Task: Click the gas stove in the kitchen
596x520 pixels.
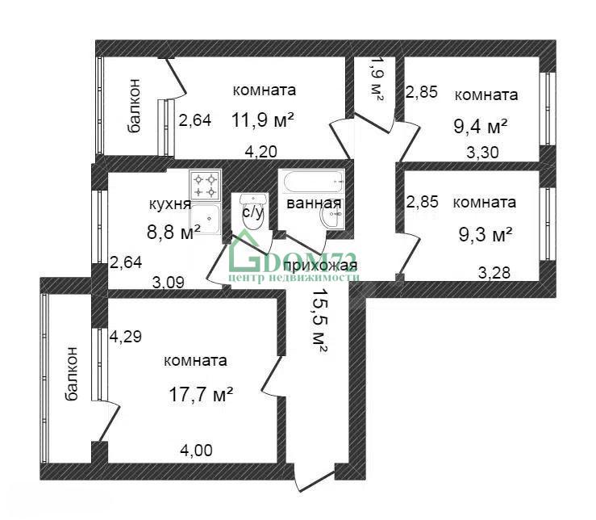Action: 206,185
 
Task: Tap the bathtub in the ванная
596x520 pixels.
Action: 311,182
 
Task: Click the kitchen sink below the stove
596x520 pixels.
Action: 206,218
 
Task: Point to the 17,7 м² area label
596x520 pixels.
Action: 200,394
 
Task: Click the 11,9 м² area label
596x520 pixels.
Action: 263,120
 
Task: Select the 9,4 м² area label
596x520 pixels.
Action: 481,126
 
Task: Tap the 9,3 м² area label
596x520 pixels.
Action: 486,234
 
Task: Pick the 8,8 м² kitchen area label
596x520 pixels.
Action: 173,232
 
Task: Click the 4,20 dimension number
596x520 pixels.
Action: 260,152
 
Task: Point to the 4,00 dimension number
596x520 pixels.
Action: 196,451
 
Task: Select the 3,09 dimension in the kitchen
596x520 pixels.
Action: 168,283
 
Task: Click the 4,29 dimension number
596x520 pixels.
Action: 126,337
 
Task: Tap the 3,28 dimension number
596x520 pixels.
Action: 494,273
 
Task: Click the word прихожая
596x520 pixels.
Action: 320,266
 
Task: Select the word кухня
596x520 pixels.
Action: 170,204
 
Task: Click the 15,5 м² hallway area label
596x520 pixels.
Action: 319,321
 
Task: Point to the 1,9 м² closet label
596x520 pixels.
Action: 377,79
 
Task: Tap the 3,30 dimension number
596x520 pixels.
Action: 482,153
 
